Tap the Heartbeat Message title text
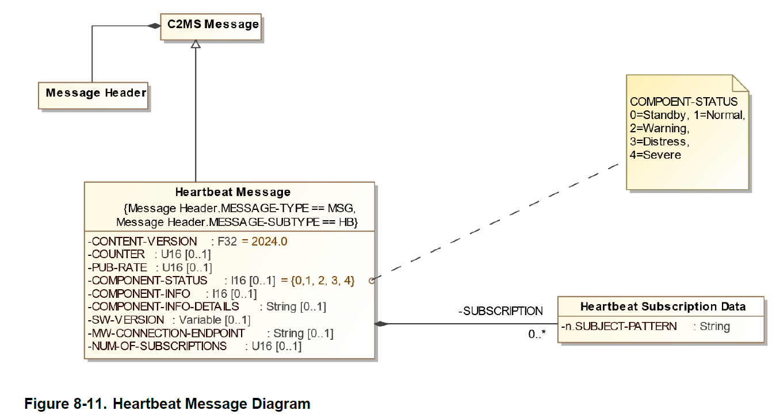(x=232, y=192)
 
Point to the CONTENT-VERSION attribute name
(x=144, y=241)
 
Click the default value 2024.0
(x=269, y=241)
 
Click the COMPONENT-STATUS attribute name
(x=149, y=281)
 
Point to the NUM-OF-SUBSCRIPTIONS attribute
(x=159, y=346)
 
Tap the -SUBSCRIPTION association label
(x=500, y=311)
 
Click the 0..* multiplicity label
(x=536, y=333)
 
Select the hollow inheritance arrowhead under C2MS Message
(x=196, y=44)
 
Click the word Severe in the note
(x=662, y=155)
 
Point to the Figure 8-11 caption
(x=167, y=404)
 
